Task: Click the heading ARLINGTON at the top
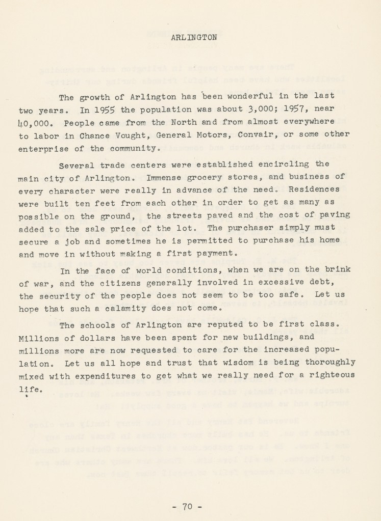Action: [194, 37]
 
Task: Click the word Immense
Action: [166, 177]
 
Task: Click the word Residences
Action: [324, 189]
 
